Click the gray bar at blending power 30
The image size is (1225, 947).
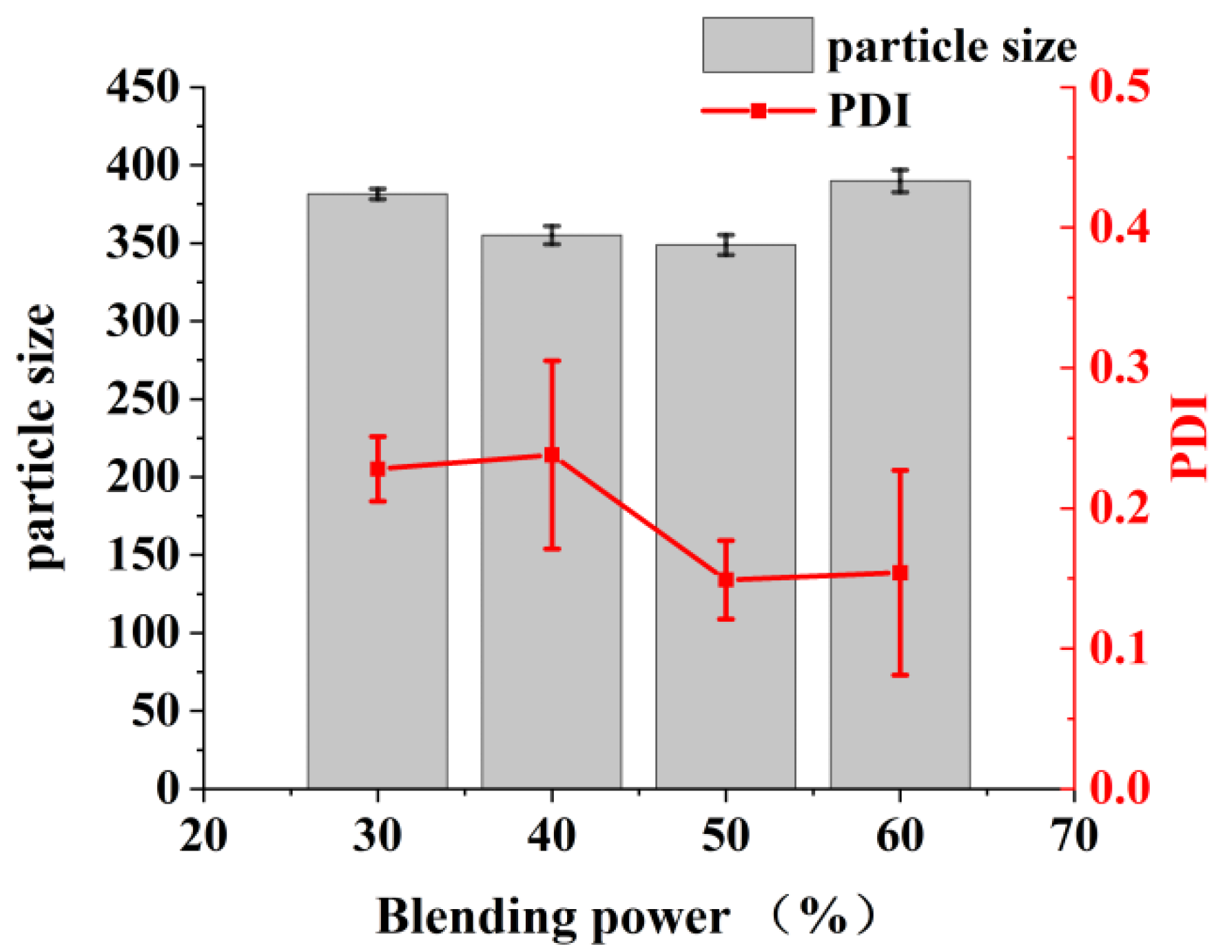(378, 620)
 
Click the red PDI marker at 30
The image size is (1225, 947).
(378, 469)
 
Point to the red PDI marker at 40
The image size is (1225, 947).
(551, 455)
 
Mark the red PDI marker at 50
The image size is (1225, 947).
(725, 580)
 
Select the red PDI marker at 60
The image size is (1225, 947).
(900, 573)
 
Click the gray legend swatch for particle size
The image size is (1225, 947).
(757, 45)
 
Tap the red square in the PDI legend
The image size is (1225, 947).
(758, 110)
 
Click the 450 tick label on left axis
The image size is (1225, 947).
(143, 88)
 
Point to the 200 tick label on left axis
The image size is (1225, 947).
(143, 477)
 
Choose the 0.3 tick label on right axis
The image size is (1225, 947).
(1120, 367)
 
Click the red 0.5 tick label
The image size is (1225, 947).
(1120, 88)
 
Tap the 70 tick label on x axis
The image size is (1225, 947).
(1073, 836)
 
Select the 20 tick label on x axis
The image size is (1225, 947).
(203, 836)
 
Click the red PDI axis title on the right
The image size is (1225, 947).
(1191, 437)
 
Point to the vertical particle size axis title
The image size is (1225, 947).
(40, 437)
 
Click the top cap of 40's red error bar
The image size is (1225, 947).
(551, 360)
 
